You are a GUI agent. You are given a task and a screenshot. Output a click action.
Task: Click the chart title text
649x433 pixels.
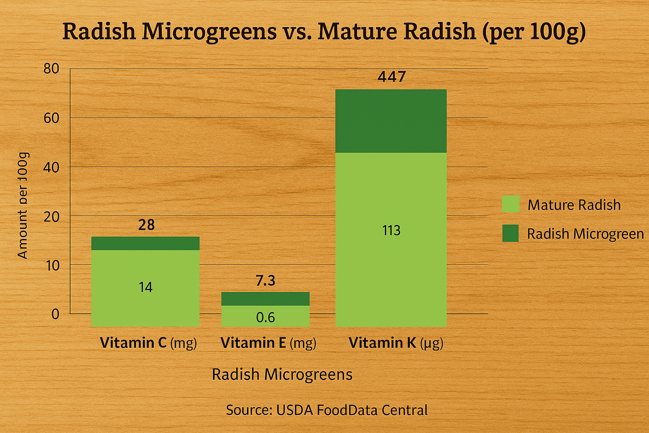[x=324, y=32]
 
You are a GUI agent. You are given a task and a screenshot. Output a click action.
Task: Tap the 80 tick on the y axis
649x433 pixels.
[x=51, y=69]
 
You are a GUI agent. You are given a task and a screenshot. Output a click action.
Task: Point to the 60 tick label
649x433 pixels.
[x=51, y=118]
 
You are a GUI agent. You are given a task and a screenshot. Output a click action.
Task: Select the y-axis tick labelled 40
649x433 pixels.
[x=51, y=167]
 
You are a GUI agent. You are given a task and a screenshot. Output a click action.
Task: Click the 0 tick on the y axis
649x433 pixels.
[x=55, y=314]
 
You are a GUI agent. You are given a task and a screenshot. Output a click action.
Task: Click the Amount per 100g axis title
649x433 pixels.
[x=22, y=206]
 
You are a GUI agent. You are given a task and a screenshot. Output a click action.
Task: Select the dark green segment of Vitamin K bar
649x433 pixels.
[x=391, y=121]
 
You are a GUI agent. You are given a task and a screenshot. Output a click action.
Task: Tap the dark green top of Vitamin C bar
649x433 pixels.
[x=145, y=243]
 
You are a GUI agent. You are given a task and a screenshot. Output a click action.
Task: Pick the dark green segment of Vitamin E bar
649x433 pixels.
[x=265, y=299]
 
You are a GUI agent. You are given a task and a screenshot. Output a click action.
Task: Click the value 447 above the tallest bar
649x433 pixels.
[x=392, y=77]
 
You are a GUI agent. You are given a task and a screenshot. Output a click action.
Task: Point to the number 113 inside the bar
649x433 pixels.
[x=391, y=230]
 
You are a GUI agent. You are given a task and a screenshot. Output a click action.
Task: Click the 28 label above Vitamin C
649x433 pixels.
[x=146, y=225]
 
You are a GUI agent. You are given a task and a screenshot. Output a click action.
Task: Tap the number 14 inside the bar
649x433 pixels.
[x=145, y=288]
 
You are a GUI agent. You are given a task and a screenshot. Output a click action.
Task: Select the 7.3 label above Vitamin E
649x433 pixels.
[x=265, y=281]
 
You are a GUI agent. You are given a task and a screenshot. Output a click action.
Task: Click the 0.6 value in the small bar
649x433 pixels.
[x=265, y=318]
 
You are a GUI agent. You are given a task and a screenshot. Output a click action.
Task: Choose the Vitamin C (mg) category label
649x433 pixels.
[x=148, y=343]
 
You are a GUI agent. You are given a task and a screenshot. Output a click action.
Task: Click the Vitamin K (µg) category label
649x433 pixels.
[x=396, y=343]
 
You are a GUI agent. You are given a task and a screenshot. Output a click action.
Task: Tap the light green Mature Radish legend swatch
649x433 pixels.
[x=510, y=204]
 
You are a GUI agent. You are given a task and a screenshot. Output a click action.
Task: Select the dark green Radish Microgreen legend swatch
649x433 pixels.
[x=510, y=233]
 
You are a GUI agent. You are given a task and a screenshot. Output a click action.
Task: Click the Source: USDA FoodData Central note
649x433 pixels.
[x=327, y=410]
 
